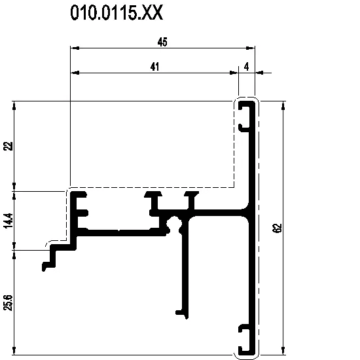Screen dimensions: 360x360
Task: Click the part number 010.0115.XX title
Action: pos(117,13)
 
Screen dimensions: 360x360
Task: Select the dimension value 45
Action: pos(162,43)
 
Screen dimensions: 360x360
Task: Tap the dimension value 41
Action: pos(154,67)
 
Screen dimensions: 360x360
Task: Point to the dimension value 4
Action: pos(246,67)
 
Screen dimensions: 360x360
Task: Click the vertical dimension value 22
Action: pos(8,146)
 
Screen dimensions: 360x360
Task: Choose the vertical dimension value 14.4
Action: pos(8,221)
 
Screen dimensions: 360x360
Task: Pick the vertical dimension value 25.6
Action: pos(8,302)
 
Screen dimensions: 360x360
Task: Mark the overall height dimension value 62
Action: pos(278,228)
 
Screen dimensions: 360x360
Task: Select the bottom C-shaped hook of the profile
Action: pos(244,339)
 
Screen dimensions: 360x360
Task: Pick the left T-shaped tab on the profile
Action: pos(153,200)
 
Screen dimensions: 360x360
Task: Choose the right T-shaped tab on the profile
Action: pos(192,200)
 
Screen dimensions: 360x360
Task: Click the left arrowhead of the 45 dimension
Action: pos(75,48)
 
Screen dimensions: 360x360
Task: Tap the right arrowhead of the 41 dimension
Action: pos(234,73)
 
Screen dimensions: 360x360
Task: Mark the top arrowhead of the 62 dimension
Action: pos(283,105)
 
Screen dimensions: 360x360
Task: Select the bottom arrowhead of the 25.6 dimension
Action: pos(14,350)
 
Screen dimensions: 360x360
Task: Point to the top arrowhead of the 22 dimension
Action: pos(14,105)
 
